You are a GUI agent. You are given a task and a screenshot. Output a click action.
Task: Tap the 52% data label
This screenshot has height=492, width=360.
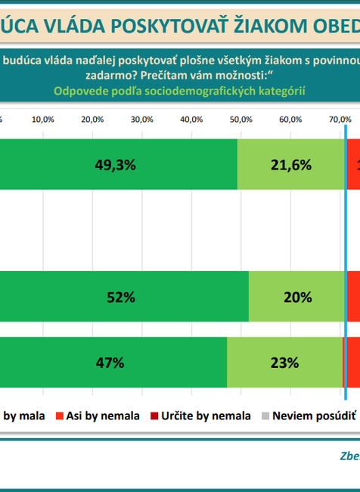pyautogui.click(x=121, y=297)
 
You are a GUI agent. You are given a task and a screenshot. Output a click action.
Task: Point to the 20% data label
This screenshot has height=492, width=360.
pyautogui.click(x=297, y=297)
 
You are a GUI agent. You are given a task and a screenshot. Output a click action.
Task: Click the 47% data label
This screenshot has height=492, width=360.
pyautogui.click(x=110, y=362)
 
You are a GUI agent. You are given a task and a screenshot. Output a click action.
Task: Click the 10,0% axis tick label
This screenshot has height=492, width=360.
pyautogui.click(x=43, y=120)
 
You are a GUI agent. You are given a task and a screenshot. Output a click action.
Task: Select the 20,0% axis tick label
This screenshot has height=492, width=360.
pyautogui.click(x=92, y=120)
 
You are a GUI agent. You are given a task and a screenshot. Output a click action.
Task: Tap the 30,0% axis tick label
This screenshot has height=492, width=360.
pyautogui.click(x=142, y=120)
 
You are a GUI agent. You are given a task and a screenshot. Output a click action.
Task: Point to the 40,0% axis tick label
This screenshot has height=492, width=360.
pyautogui.click(x=191, y=120)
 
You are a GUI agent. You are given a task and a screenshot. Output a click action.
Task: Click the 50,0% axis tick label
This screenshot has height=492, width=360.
pyautogui.click(x=241, y=120)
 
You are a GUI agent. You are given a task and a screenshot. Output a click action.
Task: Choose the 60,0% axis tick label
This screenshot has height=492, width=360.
pyautogui.click(x=290, y=120)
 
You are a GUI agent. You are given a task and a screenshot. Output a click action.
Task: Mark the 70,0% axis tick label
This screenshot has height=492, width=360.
pyautogui.click(x=340, y=120)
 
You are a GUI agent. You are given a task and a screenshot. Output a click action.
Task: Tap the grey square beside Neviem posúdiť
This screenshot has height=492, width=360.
pyautogui.click(x=265, y=415)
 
